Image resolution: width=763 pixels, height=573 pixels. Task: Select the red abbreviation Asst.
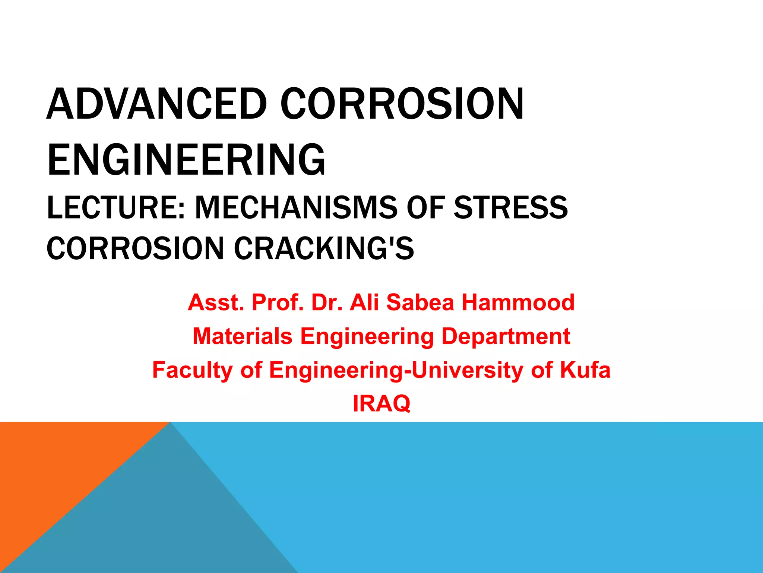pos(215,302)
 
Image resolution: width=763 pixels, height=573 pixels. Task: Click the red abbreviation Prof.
pos(278,302)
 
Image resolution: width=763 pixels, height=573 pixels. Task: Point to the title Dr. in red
pos(327,302)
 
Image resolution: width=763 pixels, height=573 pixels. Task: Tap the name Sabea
pos(420,302)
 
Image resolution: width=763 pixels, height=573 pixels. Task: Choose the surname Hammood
pos(518,302)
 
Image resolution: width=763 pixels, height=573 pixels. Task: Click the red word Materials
pos(243,336)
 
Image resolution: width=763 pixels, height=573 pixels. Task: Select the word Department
pos(506,336)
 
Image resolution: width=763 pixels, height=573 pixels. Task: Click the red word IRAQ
pos(381,404)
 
